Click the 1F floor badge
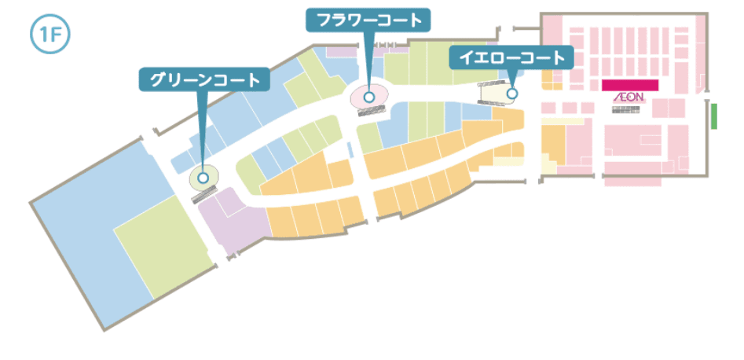(49, 35)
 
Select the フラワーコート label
(368, 20)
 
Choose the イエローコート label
(511, 57)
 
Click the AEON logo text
(629, 98)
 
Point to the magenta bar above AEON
(629, 84)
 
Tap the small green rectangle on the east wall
(715, 116)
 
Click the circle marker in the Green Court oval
(203, 178)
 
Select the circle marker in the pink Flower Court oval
(368, 97)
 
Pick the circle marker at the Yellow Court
(511, 94)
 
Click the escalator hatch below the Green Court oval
(203, 196)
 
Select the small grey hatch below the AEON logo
(627, 110)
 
